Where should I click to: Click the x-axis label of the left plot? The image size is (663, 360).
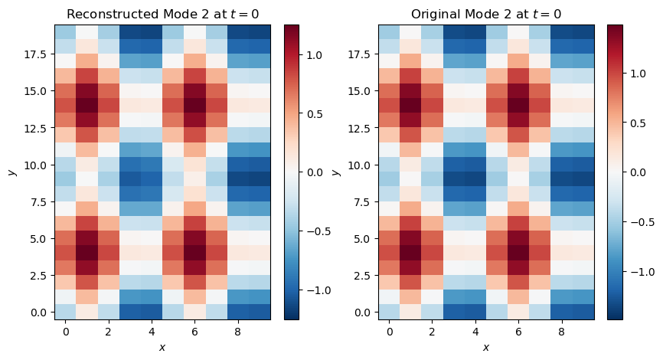click(x=162, y=347)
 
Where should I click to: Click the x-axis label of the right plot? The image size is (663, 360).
click(x=485, y=347)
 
